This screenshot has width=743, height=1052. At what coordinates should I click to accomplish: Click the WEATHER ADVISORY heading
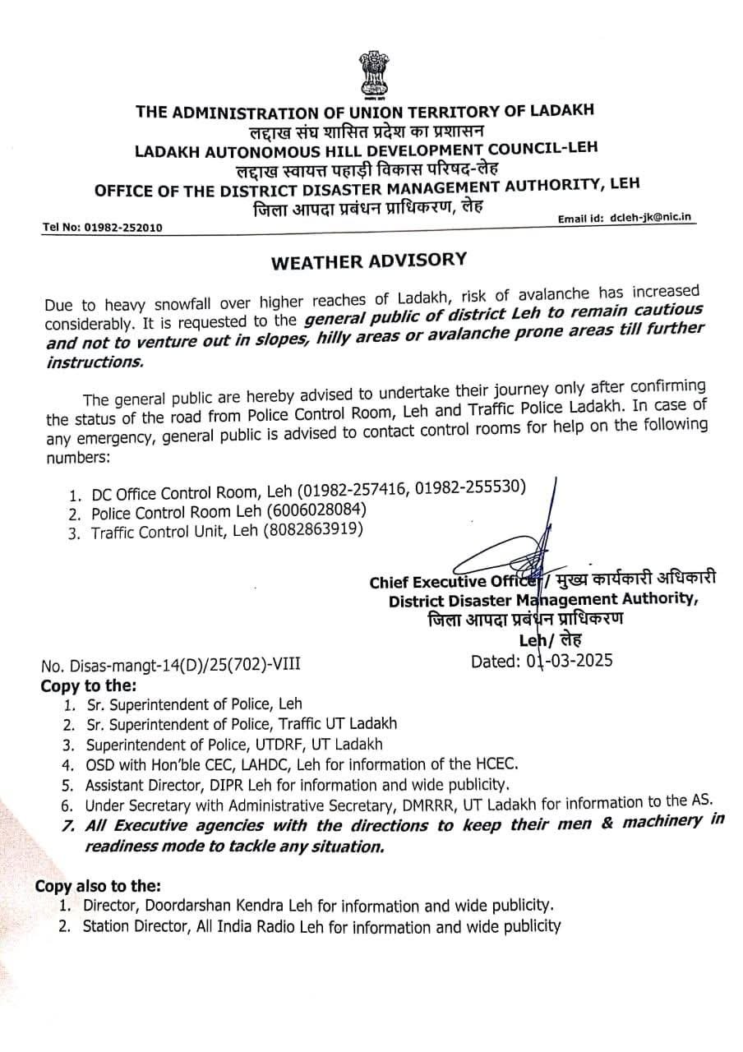pyautogui.click(x=369, y=261)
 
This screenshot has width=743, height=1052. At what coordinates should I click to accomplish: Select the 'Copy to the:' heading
pyautogui.click(x=90, y=685)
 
